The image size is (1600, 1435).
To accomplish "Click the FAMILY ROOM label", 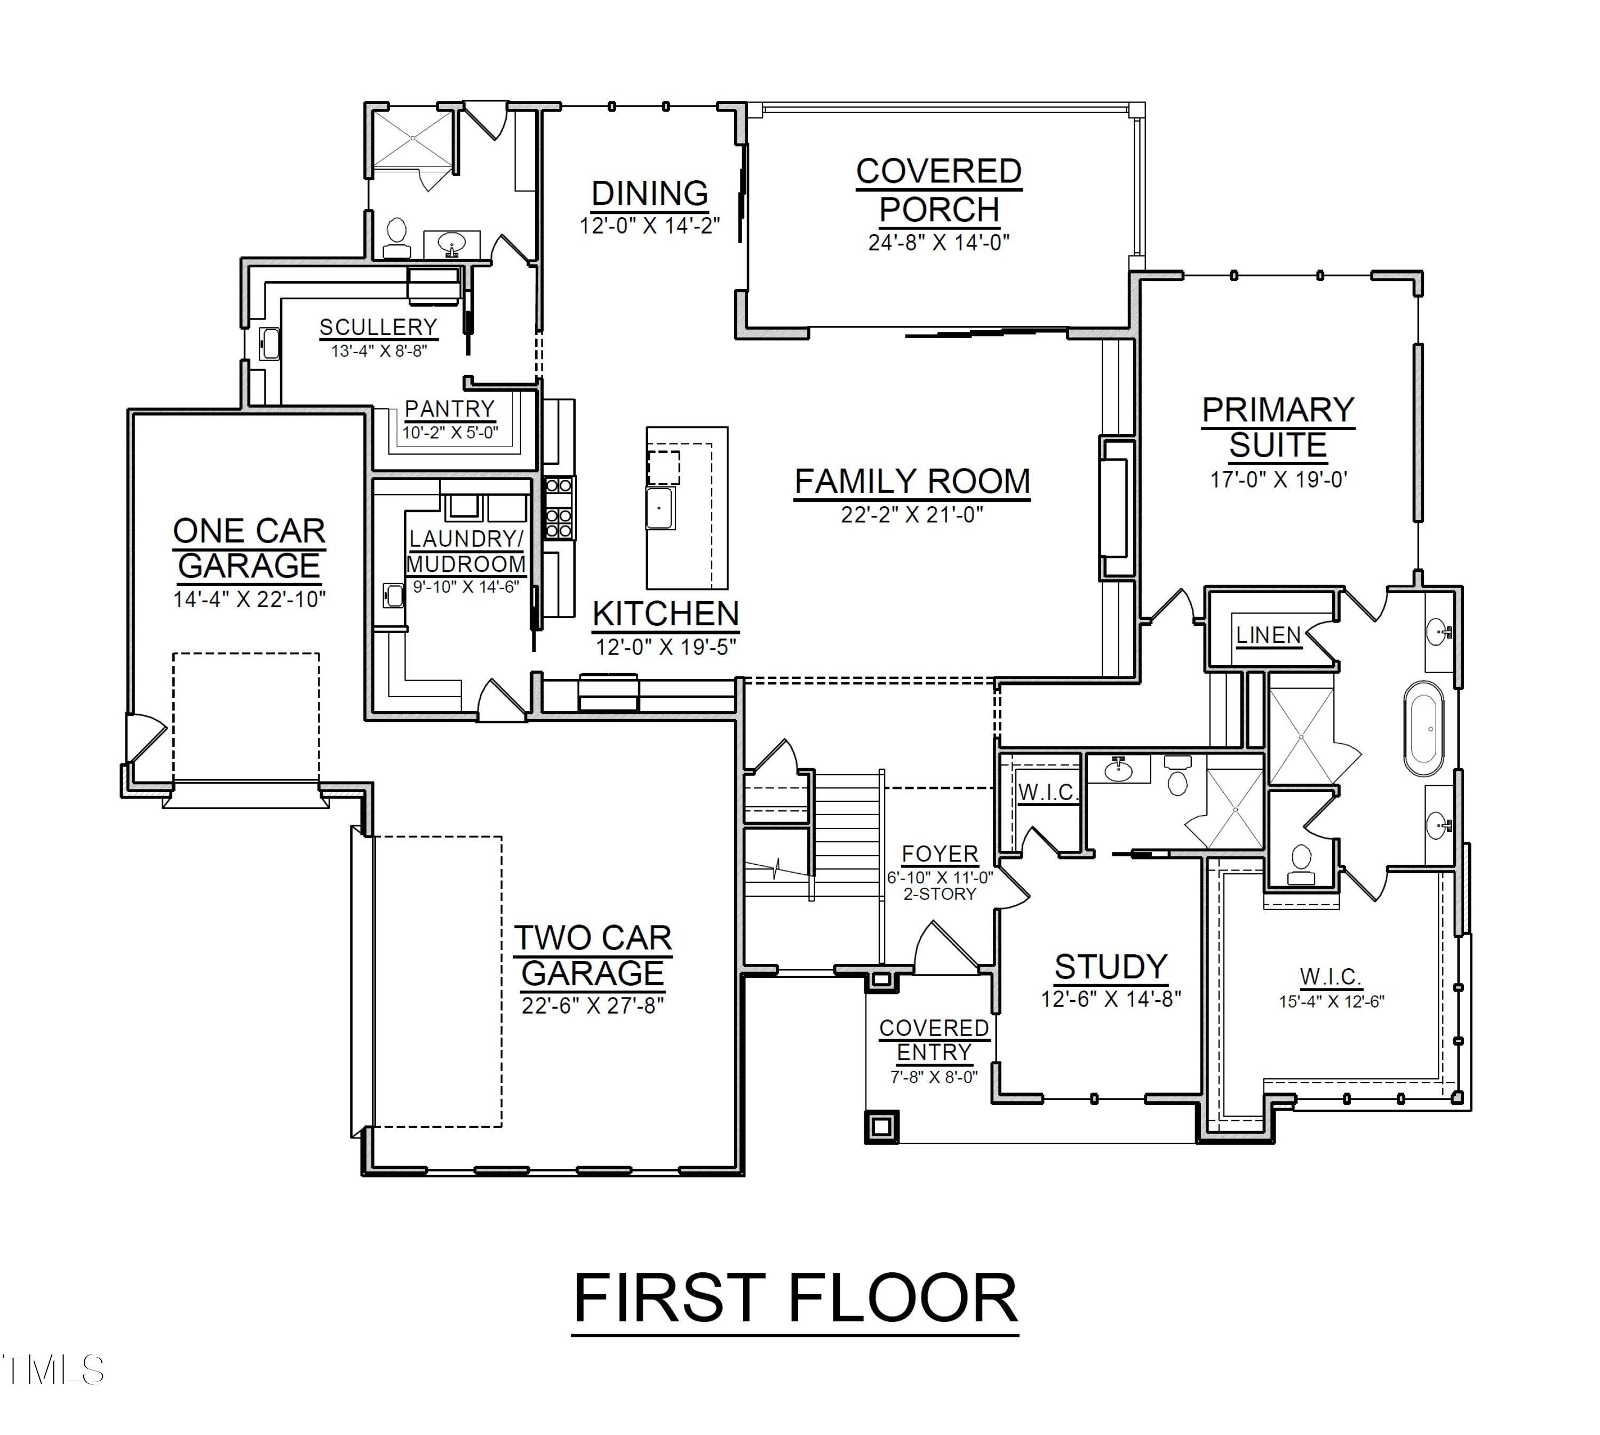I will [912, 481].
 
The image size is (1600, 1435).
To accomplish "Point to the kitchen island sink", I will [659, 508].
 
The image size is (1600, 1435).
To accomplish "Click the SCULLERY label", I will [378, 327].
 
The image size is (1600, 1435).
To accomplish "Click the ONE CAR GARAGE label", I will [249, 548].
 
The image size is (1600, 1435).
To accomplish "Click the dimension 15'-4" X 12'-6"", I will [1331, 1001].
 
